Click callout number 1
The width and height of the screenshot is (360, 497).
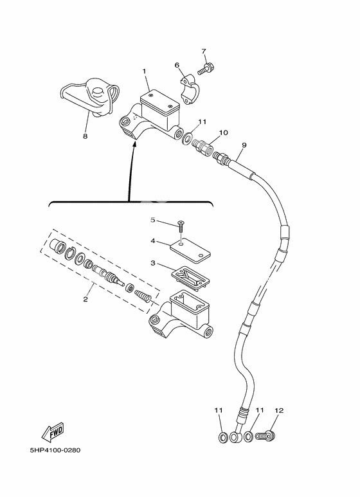[x=145, y=71]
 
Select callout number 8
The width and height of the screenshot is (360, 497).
[x=85, y=136]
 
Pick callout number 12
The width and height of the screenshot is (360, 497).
[x=278, y=410]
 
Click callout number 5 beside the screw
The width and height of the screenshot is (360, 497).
[x=153, y=221]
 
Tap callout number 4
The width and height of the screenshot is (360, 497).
[x=153, y=241]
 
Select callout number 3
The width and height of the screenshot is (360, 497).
[x=153, y=263]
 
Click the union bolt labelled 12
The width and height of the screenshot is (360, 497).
[x=264, y=437]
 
